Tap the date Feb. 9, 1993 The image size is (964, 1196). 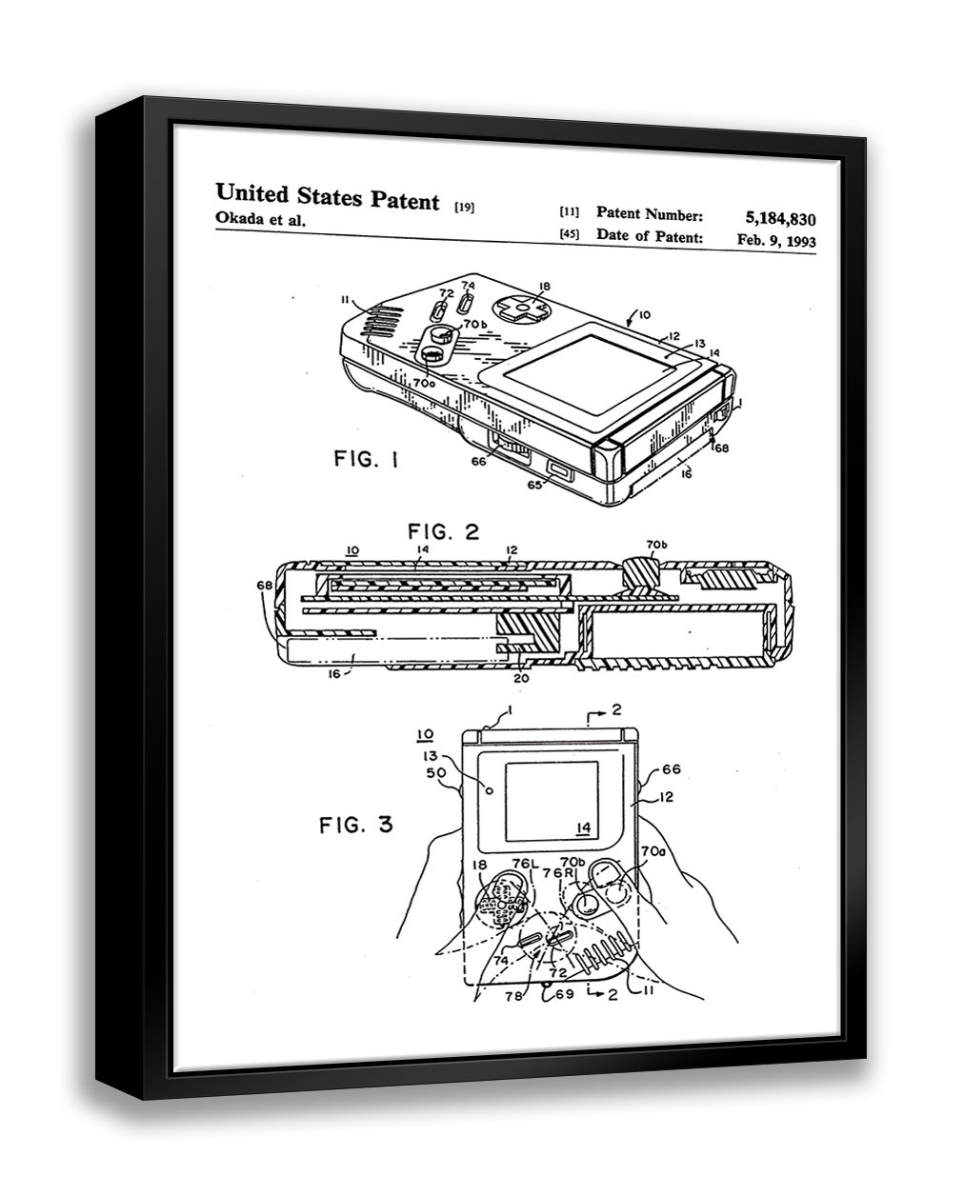tap(775, 240)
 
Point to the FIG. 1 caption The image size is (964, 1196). tap(367, 461)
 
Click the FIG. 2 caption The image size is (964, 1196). tap(444, 531)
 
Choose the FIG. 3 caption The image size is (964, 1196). tap(355, 825)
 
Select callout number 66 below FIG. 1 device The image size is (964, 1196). tap(478, 461)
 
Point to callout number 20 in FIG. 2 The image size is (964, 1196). tap(520, 678)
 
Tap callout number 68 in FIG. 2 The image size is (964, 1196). tap(264, 585)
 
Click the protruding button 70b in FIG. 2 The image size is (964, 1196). tap(641, 572)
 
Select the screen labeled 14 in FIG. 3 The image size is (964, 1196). tap(550, 795)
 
